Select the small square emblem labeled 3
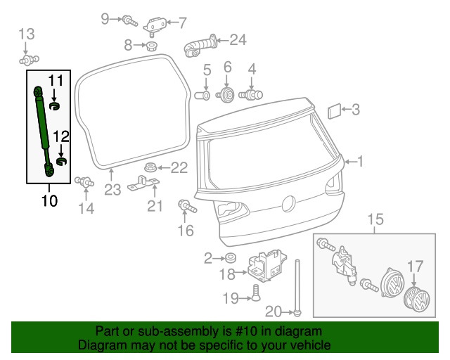335,109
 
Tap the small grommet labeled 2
230,259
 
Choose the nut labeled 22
149,167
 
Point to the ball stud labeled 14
85,181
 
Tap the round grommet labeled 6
228,95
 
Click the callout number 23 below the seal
113,191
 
